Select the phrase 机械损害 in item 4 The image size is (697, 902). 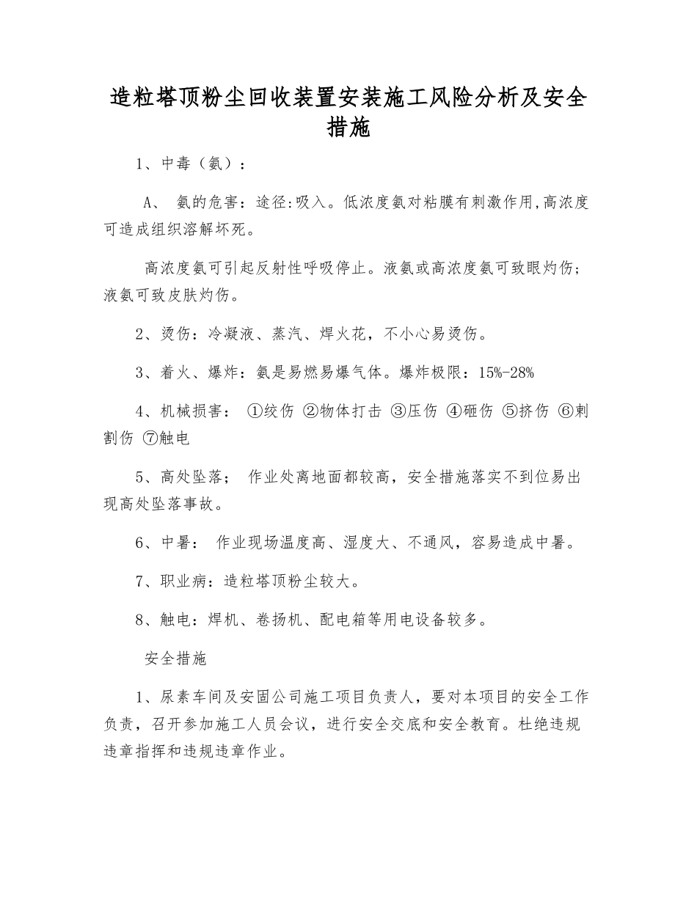coord(191,411)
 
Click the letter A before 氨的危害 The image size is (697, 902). coord(147,203)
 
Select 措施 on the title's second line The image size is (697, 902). coord(348,128)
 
